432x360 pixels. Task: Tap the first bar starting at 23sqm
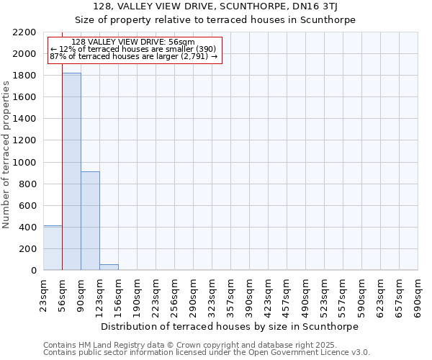tap(53, 248)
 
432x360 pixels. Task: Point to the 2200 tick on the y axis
tap(28, 32)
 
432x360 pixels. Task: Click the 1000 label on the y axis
tap(25, 162)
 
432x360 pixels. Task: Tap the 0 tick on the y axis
tap(34, 271)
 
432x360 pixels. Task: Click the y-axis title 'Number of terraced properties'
tap(6, 155)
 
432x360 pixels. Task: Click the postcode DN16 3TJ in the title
tap(312, 6)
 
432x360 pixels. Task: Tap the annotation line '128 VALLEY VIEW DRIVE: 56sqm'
tap(133, 42)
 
